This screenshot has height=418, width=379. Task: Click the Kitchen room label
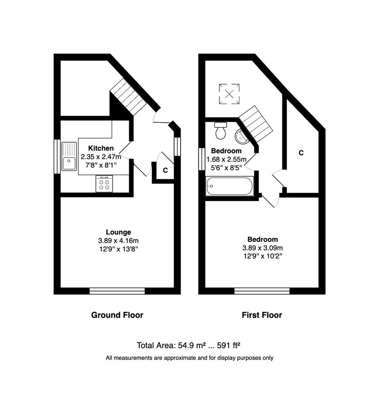pos(101,148)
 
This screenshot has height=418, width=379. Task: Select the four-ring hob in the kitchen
pos(104,184)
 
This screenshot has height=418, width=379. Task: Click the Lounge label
pos(118,232)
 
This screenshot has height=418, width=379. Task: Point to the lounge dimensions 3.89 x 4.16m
pos(118,241)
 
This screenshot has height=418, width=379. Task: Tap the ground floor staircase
pos(128,97)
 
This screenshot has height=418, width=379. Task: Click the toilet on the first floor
pos(221,131)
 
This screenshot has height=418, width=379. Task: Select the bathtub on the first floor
pos(230,186)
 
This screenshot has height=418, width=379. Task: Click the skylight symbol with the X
pos(229,94)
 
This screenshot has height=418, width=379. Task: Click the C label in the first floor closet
pos(301,153)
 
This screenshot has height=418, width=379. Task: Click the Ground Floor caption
pos(117,315)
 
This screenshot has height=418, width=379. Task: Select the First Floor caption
pos(262,315)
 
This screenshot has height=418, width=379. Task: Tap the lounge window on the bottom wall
pos(117,291)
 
